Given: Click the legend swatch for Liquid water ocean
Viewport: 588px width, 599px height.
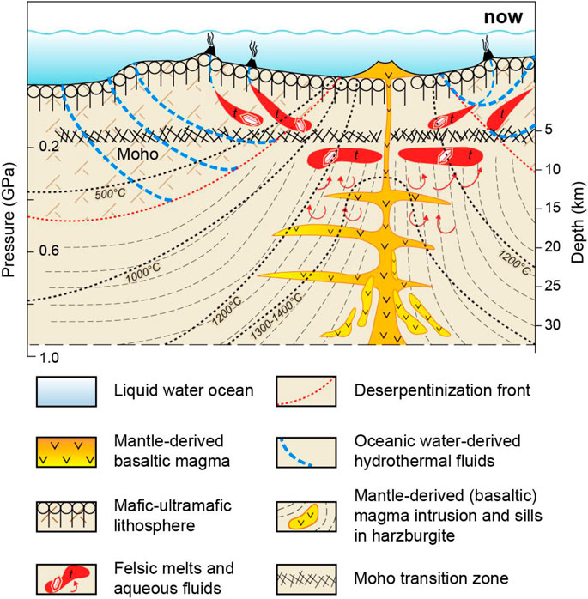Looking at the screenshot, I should pos(64,391).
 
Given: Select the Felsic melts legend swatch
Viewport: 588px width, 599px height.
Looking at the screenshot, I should pos(64,573).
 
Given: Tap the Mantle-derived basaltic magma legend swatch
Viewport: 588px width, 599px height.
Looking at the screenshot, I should pos(64,451).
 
